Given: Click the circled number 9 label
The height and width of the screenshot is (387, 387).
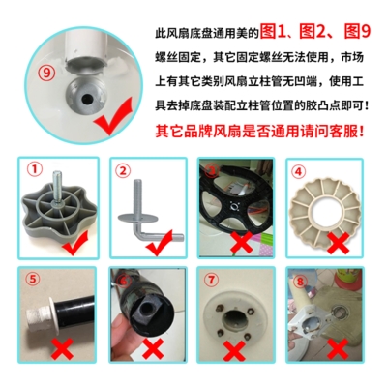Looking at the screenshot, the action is (x=47, y=73).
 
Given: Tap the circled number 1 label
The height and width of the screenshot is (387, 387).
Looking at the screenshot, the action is (x=35, y=169).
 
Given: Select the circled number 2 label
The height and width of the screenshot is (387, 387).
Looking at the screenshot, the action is (x=123, y=171).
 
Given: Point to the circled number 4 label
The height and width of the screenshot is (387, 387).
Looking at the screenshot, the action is (x=298, y=172).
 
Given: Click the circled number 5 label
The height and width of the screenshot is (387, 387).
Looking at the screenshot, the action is (x=33, y=279).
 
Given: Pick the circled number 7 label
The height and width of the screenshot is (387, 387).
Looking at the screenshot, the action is (x=211, y=280).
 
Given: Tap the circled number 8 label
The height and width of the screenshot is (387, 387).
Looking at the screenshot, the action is (x=300, y=282).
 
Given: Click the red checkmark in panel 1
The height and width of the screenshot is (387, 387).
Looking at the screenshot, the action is (x=76, y=243).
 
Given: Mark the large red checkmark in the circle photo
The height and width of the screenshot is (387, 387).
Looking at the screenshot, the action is (x=113, y=117).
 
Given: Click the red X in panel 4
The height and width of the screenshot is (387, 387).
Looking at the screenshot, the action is (x=339, y=243).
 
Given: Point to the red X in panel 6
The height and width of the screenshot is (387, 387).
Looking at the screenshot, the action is (x=154, y=349).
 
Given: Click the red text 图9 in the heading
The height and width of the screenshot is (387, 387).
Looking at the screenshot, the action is (x=357, y=32).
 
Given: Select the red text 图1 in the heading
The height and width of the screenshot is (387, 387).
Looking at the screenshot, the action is (x=274, y=32).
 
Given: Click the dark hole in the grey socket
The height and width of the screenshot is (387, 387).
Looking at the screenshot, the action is (x=86, y=100).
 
